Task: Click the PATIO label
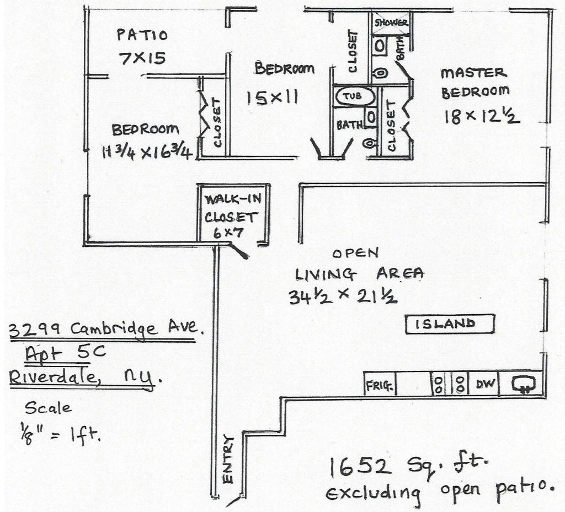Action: [142, 35]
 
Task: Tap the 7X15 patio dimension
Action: [143, 58]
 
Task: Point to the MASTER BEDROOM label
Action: [473, 82]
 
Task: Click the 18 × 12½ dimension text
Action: [481, 116]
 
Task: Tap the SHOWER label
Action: [391, 23]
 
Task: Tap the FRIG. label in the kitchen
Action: [380, 386]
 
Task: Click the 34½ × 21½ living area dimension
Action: [343, 297]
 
